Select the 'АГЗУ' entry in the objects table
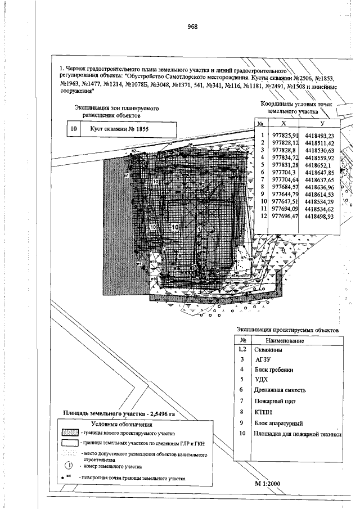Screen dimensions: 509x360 (x=264, y=359)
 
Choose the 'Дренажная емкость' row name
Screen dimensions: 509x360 (x=282, y=389)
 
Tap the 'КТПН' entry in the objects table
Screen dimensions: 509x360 (x=264, y=412)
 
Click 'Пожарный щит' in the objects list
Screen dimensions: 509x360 (x=275, y=401)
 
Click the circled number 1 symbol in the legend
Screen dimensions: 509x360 (x=69, y=466)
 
